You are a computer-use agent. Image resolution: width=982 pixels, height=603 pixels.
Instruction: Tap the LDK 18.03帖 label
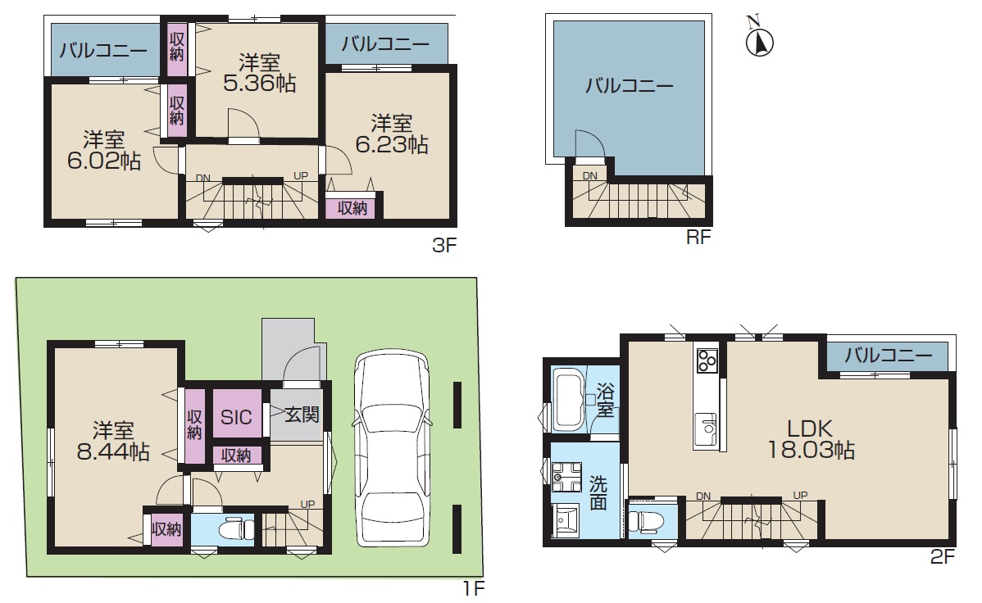click(811, 440)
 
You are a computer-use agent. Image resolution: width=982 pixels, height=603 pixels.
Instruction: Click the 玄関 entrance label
click(302, 414)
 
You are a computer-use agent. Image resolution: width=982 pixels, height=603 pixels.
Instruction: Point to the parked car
click(392, 450)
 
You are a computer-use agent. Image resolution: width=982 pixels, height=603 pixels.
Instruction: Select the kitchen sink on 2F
click(707, 430)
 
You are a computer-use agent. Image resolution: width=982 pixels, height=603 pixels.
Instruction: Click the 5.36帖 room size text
click(259, 84)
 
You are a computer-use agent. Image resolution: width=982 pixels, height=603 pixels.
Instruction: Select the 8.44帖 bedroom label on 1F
click(113, 451)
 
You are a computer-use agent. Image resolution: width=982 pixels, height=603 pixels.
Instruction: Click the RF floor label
click(698, 237)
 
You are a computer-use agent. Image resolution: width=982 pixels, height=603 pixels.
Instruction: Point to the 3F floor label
click(444, 245)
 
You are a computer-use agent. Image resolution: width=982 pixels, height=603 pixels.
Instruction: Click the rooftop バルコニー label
click(629, 85)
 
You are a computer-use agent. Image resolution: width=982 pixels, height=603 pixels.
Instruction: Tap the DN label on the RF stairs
click(590, 176)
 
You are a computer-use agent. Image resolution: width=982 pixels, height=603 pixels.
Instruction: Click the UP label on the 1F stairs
click(307, 504)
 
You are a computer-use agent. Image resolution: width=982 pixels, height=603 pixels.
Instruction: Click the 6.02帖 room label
click(104, 161)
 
